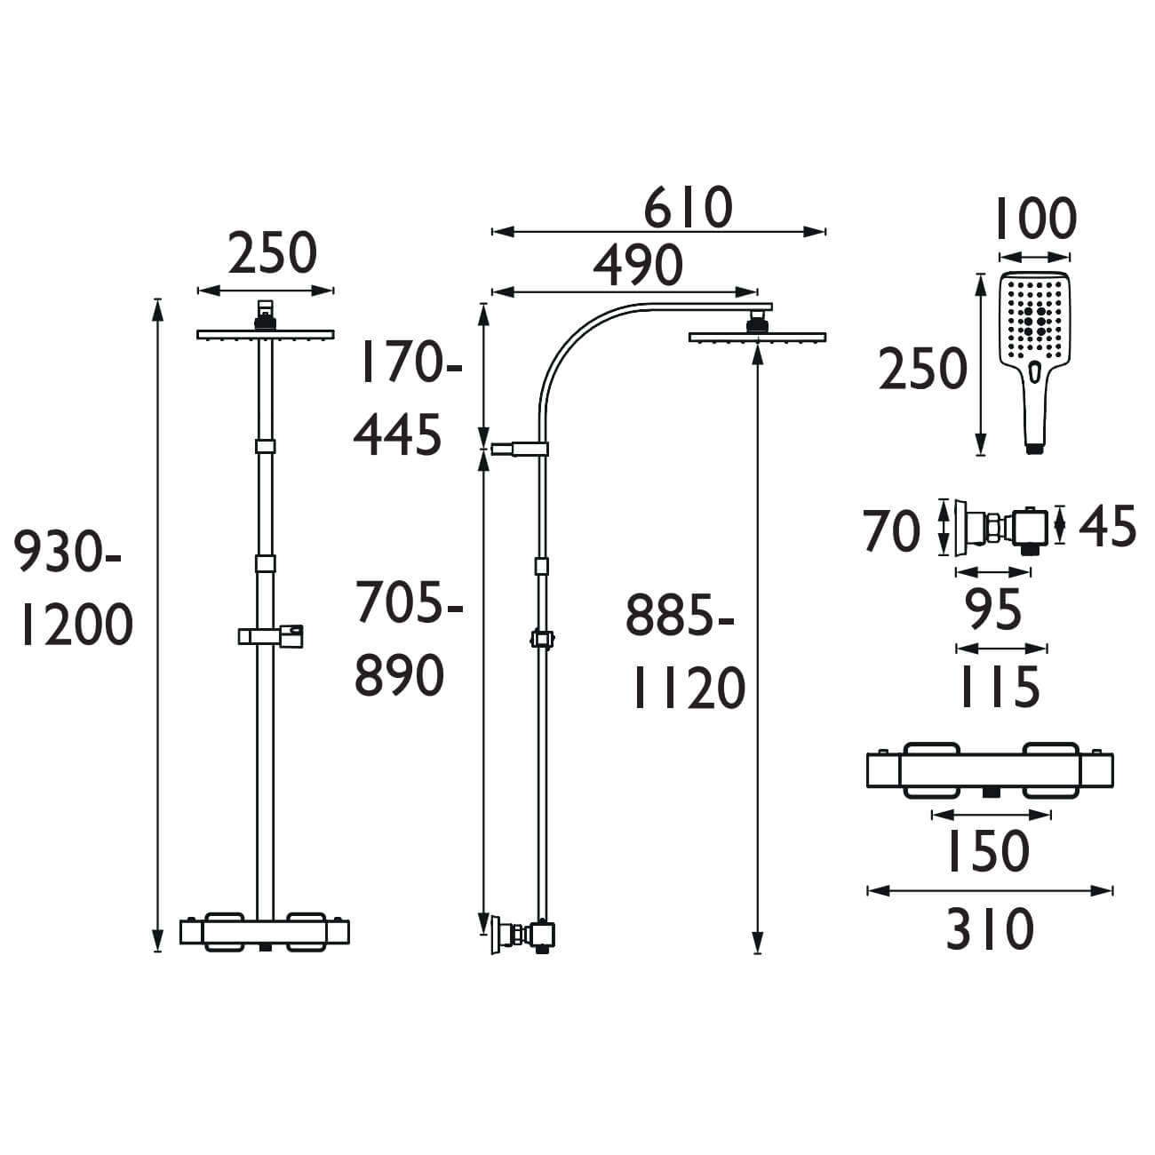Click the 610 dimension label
pyautogui.click(x=689, y=208)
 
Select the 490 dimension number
pyautogui.click(x=638, y=265)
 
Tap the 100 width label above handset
pyautogui.click(x=1034, y=219)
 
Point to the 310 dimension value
pyautogui.click(x=989, y=929)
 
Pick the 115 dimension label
pyautogui.click(x=999, y=687)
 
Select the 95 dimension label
pyautogui.click(x=993, y=611)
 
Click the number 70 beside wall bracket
pyautogui.click(x=891, y=532)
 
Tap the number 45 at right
pyautogui.click(x=1107, y=528)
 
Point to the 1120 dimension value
pyautogui.click(x=688, y=689)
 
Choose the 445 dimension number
pyautogui.click(x=398, y=435)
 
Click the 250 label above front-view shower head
pyautogui.click(x=272, y=254)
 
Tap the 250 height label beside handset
pyautogui.click(x=922, y=370)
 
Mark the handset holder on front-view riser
pyautogui.click(x=272, y=635)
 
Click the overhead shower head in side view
pyautogui.click(x=757, y=335)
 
